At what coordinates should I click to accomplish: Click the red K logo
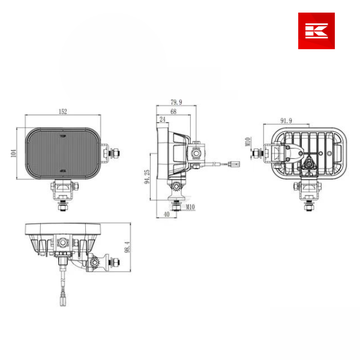click(x=316, y=31)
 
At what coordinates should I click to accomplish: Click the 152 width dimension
click(x=63, y=111)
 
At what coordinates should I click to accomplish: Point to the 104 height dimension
click(x=14, y=154)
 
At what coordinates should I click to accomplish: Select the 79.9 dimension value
click(x=176, y=102)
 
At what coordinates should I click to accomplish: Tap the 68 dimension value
click(x=173, y=112)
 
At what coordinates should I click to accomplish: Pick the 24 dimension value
click(x=162, y=120)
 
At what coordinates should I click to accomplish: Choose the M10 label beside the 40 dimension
click(x=190, y=207)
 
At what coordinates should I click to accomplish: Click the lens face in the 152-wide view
click(x=63, y=154)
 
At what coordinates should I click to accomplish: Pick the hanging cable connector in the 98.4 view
click(x=62, y=298)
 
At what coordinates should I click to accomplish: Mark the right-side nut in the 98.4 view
click(x=116, y=263)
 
